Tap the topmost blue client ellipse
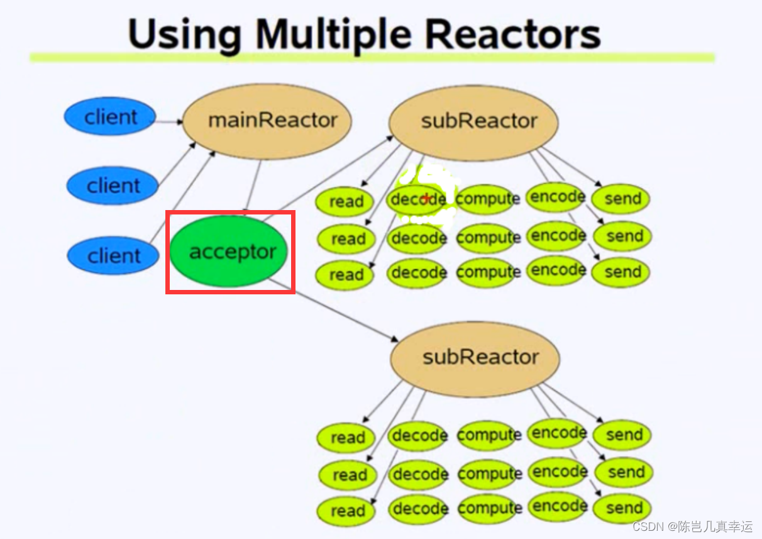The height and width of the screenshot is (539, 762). pos(110,117)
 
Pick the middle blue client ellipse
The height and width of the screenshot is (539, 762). pos(113,186)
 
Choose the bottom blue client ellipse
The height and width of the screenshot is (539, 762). pos(113,256)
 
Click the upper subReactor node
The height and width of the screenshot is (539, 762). pos(473,121)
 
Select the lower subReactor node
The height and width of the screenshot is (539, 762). pos(475,357)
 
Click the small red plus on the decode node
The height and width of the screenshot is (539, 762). pos(426,199)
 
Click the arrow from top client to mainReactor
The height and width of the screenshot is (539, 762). pos(168,121)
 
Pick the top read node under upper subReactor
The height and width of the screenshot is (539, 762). pos(346,201)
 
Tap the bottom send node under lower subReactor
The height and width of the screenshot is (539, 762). pos(622,508)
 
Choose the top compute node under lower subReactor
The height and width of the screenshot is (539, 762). pos(489,435)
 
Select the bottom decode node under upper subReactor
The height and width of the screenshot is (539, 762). pos(418,273)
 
